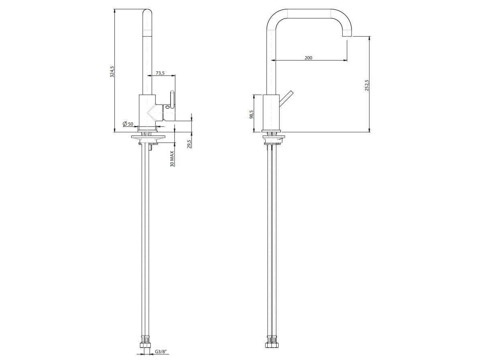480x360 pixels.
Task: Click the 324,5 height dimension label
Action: point(112,71)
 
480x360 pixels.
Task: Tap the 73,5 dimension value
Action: point(161,73)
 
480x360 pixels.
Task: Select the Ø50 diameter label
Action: point(128,124)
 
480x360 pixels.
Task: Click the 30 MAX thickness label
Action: point(172,159)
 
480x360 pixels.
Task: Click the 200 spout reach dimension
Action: point(309,57)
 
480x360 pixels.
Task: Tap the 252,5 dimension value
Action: point(367,85)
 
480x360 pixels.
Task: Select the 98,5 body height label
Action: point(251,114)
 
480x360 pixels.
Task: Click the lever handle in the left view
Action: point(172,100)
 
